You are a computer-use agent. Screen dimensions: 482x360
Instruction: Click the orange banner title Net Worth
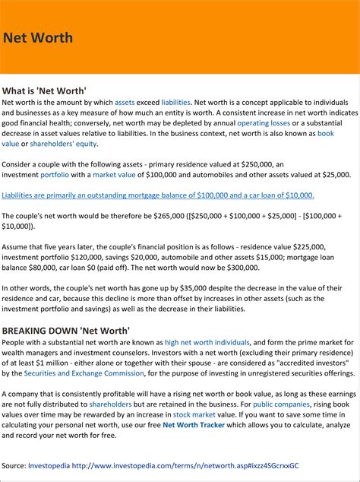click(x=38, y=38)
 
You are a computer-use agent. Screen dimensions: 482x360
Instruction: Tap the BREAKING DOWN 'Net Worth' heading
click(x=65, y=331)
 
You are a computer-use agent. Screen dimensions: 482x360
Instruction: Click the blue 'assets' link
click(x=125, y=102)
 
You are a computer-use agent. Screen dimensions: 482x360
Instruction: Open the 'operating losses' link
click(x=264, y=123)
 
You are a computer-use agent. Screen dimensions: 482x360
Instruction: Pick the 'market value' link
click(x=114, y=174)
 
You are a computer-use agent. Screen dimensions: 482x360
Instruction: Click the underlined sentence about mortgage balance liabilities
click(x=158, y=195)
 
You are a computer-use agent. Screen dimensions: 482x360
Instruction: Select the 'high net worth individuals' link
click(x=207, y=342)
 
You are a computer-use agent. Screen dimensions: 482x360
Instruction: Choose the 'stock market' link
click(x=193, y=415)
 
